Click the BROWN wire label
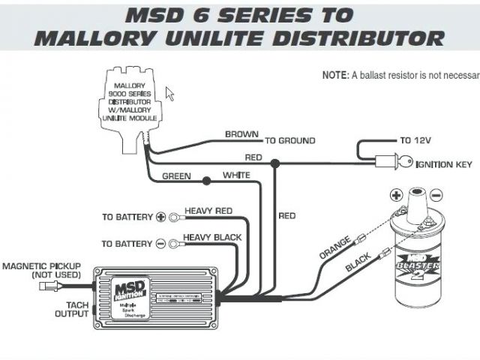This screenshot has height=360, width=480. point(242,134)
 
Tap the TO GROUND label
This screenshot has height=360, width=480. point(289,140)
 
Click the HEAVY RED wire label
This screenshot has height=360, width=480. point(208,211)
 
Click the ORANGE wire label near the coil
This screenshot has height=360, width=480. point(335,248)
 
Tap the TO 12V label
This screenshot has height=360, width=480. point(416,140)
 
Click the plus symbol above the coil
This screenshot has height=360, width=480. point(397,196)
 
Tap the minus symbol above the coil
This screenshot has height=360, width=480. point(437,196)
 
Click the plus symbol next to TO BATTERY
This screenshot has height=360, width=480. point(160,217)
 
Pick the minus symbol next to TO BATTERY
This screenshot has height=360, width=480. point(160,244)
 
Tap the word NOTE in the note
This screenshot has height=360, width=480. point(334,76)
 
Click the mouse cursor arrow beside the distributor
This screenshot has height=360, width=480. point(169,93)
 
